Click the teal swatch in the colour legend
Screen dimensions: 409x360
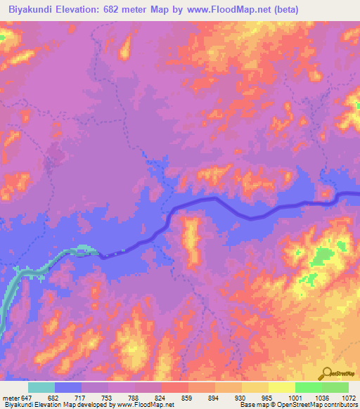[41, 387]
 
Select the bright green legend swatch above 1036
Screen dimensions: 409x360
[308, 387]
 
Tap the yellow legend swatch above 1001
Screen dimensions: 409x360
[281, 387]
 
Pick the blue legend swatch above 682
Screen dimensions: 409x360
[68, 387]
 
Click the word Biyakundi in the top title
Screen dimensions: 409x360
[30, 10]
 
